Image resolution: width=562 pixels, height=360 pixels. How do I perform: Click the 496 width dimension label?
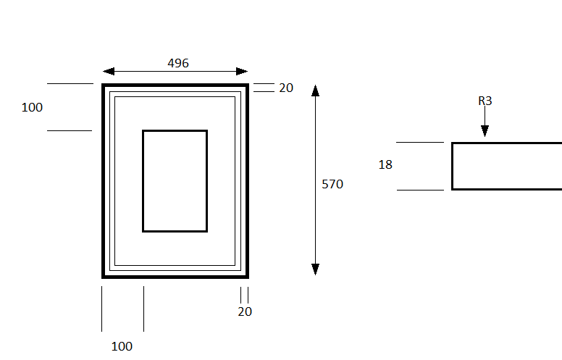[x=178, y=63]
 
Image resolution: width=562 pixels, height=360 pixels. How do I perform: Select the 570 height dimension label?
[x=332, y=184]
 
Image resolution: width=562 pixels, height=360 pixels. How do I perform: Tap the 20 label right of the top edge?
[x=286, y=88]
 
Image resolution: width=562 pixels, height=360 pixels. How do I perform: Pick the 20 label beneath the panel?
[x=245, y=311]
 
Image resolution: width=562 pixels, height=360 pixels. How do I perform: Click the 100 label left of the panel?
[x=32, y=107]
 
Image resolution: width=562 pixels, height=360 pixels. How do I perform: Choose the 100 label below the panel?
[x=122, y=346]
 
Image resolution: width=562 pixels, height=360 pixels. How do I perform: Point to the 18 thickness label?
[x=385, y=164]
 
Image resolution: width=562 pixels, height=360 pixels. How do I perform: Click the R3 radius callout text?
[x=485, y=101]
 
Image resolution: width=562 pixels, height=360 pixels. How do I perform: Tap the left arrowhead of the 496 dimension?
[x=109, y=72]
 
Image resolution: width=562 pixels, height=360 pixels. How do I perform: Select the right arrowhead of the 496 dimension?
[x=242, y=72]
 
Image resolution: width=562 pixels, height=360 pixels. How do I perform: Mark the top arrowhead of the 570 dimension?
[x=316, y=91]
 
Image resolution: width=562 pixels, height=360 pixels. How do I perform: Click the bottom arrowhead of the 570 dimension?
[x=316, y=269]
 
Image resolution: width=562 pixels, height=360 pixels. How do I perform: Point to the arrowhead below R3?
[x=485, y=131]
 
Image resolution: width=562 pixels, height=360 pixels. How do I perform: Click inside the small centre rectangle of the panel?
[x=175, y=181]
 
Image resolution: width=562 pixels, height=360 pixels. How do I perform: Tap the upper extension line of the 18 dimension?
[x=420, y=143]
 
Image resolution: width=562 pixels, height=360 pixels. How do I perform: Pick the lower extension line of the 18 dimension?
[x=421, y=190]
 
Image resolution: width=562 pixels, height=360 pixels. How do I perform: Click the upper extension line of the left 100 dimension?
[x=70, y=83]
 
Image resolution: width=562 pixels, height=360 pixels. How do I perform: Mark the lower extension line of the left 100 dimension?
[x=70, y=130]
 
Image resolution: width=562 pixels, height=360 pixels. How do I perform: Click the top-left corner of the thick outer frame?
[x=103, y=85]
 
